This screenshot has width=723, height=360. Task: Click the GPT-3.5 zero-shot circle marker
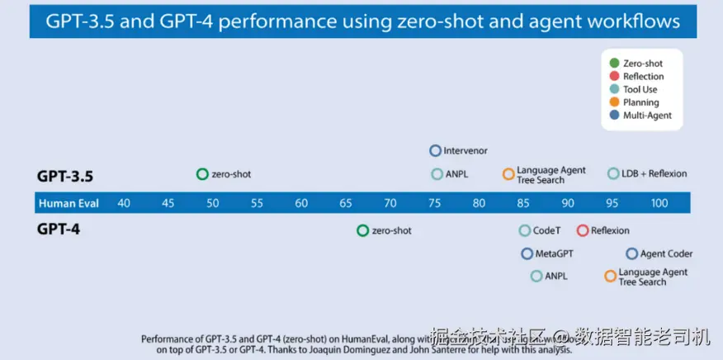click(x=202, y=174)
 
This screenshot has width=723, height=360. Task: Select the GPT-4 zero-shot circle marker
click(x=362, y=230)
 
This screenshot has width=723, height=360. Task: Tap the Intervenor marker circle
click(x=435, y=151)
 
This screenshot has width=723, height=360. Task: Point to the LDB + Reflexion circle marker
click(x=613, y=173)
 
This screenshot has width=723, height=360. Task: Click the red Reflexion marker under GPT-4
click(x=583, y=230)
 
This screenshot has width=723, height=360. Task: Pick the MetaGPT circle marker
click(x=527, y=253)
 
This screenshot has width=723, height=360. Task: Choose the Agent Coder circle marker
click(x=631, y=253)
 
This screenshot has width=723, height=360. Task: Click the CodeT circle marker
click(x=525, y=230)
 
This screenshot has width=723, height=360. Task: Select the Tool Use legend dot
click(x=614, y=89)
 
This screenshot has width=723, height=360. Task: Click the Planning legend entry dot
click(x=614, y=102)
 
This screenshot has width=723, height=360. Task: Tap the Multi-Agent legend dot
click(x=614, y=116)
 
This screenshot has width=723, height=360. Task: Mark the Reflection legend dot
click(x=614, y=76)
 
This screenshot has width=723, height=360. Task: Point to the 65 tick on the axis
click(x=346, y=203)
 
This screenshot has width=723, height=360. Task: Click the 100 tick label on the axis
click(x=659, y=203)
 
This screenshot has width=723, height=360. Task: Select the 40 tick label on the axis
click(x=124, y=203)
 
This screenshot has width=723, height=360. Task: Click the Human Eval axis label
click(x=69, y=203)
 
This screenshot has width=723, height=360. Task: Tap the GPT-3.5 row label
click(x=64, y=176)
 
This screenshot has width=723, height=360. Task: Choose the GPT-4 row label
click(x=57, y=229)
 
